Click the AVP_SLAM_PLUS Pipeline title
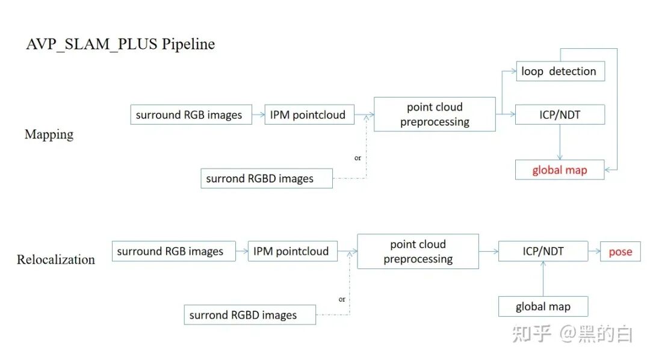coord(120,44)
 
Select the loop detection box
coord(560,71)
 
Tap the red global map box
coord(560,170)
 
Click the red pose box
coord(620,252)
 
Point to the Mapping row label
coord(49,134)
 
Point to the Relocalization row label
coord(56,259)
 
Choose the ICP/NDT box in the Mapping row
coord(560,114)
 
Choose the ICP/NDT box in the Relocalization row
coord(543,252)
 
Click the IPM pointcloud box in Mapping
coord(309,114)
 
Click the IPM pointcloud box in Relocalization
coord(292,252)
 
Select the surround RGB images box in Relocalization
coord(171,252)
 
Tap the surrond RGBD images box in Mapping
coord(266,178)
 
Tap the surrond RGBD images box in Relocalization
coord(249,315)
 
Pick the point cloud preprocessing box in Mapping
coord(435,114)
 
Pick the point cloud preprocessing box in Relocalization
coord(418,252)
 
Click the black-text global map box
coord(543,307)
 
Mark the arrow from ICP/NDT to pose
coord(594,252)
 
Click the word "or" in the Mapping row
coord(357,158)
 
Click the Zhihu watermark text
coord(572,334)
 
